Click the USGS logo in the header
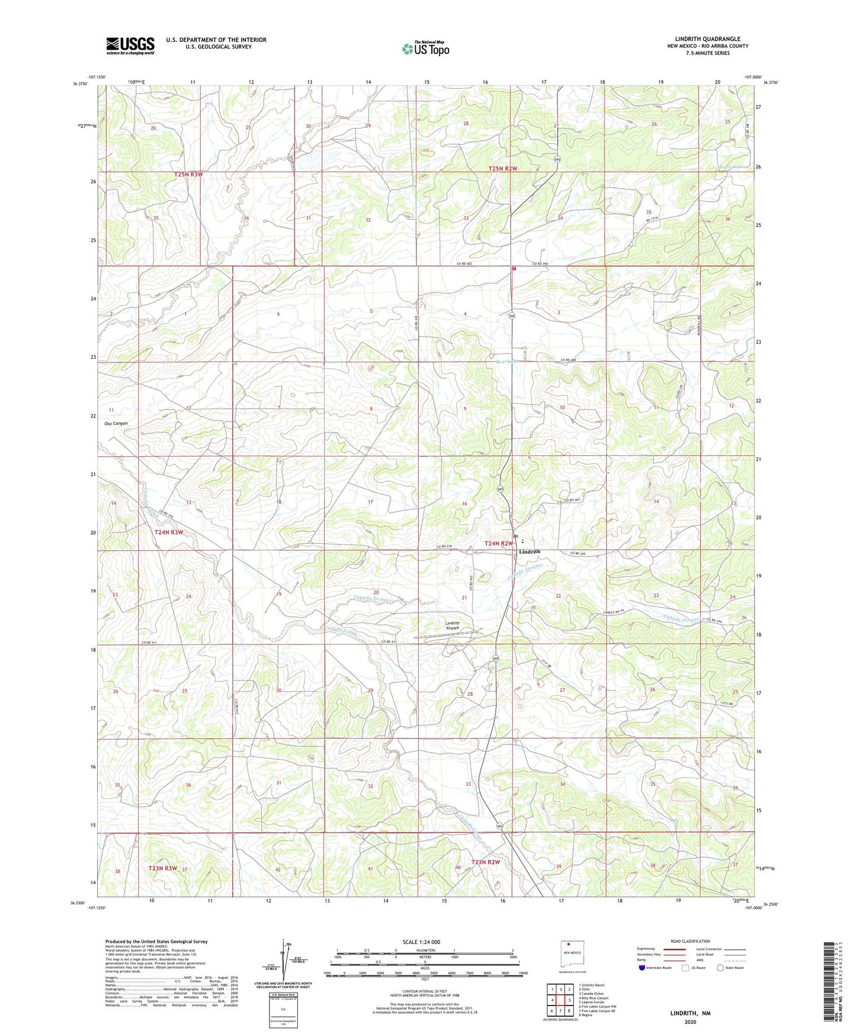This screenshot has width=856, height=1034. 130,46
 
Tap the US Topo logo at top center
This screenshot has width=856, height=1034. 425,49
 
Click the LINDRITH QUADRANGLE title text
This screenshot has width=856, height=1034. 707,39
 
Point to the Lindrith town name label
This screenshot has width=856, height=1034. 529,551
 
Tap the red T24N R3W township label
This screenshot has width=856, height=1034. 169,532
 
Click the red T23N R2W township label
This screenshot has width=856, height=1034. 485,862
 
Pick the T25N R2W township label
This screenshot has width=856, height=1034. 503,169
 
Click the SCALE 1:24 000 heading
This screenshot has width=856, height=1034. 421,942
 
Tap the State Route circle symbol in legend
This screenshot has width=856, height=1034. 720,968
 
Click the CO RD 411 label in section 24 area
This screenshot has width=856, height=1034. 149,643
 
